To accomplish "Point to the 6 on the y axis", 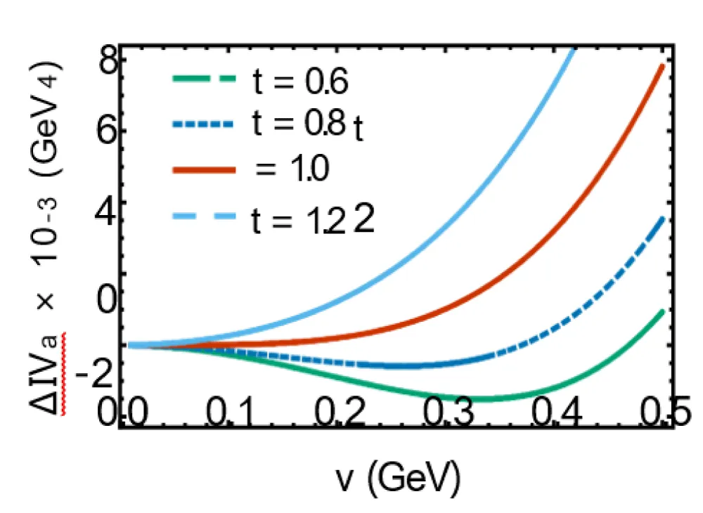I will pos(108,132).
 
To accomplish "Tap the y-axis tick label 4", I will pos(108,204).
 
